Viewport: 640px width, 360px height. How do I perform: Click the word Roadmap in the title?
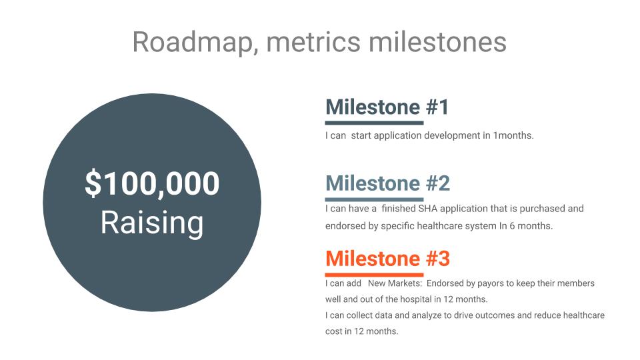[196, 43]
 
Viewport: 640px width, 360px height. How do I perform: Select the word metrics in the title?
[313, 42]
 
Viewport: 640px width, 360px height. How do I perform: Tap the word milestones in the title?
[437, 41]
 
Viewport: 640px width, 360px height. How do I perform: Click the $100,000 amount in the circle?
[152, 183]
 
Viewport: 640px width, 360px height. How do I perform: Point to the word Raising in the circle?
[152, 224]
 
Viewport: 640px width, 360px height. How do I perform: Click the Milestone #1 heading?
[387, 107]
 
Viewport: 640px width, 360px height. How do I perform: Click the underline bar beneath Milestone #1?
[374, 123]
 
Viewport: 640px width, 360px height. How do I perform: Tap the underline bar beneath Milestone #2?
[374, 199]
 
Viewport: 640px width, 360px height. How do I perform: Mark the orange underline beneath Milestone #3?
[374, 275]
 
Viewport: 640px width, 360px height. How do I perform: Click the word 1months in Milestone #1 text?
[513, 135]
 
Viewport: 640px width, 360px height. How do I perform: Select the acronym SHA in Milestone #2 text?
[427, 209]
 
